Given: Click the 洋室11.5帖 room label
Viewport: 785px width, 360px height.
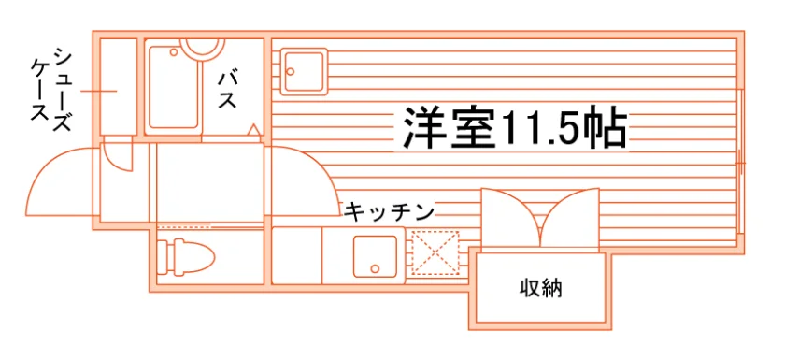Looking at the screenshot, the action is click(515, 129).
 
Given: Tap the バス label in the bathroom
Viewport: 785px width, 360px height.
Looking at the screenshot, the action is click(227, 91).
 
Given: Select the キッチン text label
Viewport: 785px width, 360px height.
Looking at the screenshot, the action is click(389, 212).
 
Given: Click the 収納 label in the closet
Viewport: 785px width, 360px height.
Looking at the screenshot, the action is click(541, 288).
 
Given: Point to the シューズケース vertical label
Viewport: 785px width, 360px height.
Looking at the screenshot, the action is click(51, 89).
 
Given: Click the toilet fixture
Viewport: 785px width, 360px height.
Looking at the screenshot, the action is click(185, 257).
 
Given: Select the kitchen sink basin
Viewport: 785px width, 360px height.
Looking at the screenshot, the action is click(375, 256).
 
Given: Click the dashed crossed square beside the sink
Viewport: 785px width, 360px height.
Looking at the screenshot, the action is click(435, 253).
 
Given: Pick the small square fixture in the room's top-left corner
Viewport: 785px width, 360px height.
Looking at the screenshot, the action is click(304, 72).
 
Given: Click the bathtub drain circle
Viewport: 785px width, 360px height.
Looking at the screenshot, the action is click(174, 52).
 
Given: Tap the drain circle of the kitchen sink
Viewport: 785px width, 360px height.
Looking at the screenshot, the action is click(375, 269).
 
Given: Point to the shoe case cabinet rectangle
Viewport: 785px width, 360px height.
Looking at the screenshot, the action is click(119, 86).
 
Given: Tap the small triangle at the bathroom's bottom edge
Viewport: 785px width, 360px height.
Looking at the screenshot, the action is click(254, 129).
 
